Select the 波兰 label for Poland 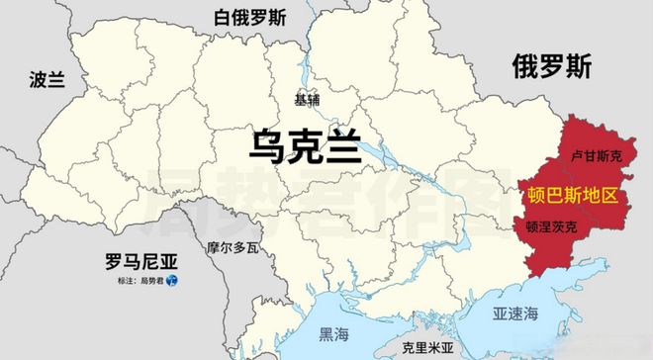(47, 80)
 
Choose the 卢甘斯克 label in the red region (597, 156)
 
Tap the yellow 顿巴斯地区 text (573, 193)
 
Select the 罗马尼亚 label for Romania (141, 262)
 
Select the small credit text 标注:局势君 (138, 284)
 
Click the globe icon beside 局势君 (171, 284)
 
